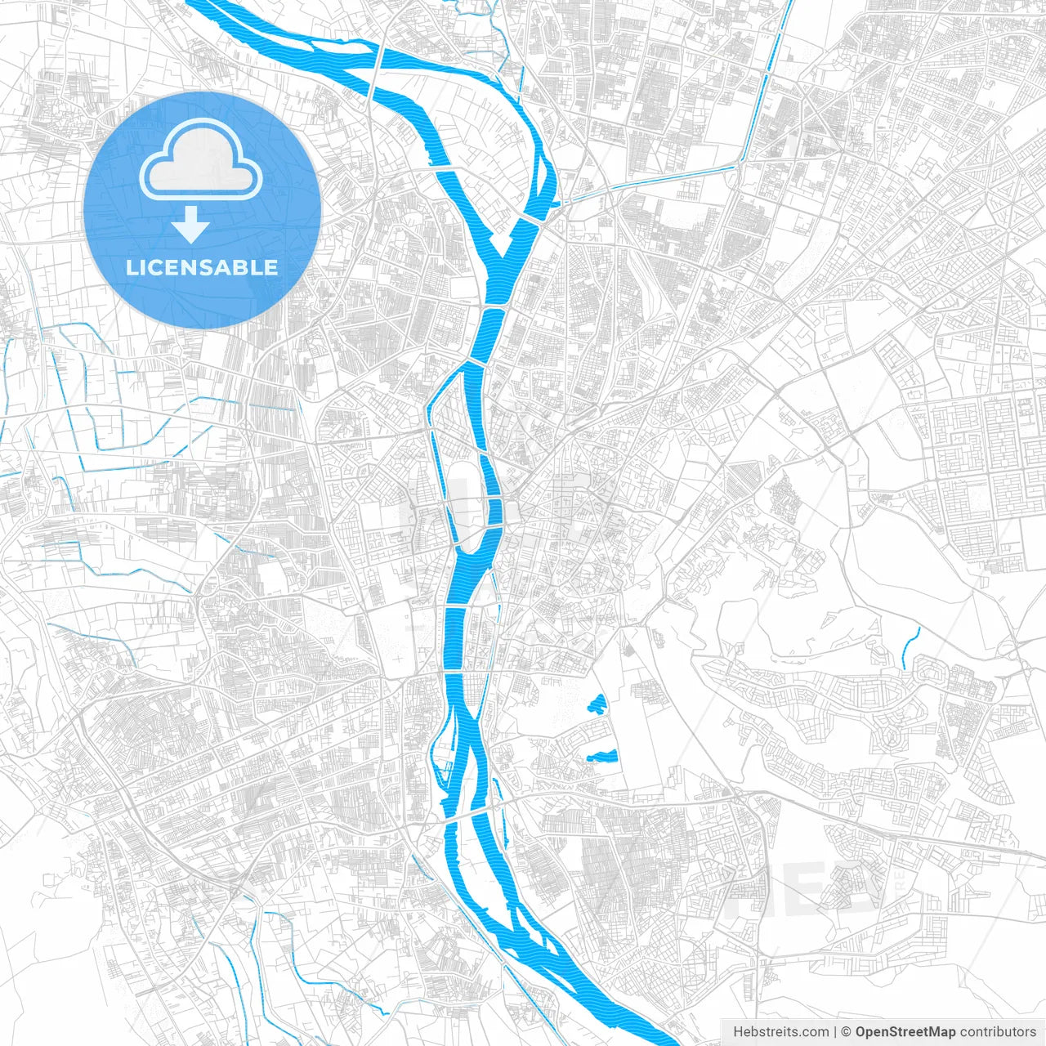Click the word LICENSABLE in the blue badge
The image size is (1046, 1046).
point(202,268)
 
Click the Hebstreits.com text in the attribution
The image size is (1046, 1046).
point(780,1032)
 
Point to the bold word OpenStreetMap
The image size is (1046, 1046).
point(905,1032)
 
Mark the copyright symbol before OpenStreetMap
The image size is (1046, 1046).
point(847,1032)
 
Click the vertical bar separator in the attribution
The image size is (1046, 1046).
point(835,1032)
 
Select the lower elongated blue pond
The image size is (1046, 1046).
point(601,756)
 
